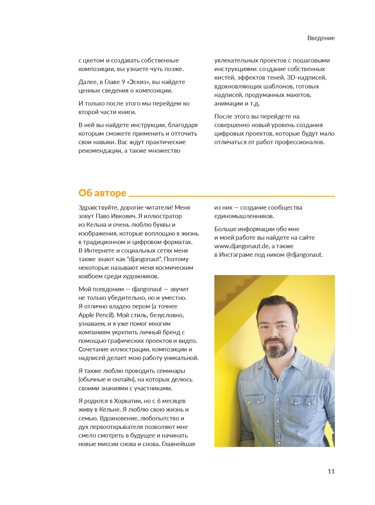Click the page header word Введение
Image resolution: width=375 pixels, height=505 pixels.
point(321,38)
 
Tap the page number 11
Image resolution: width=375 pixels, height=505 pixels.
point(331,471)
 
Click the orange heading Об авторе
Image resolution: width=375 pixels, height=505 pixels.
point(102,193)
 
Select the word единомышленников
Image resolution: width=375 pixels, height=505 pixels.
point(244,216)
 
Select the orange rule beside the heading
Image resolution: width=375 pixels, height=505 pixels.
point(231,196)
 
